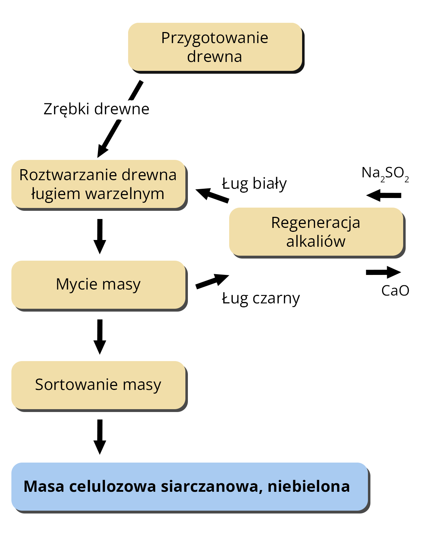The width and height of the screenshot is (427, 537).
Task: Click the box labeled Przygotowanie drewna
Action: click(215, 47)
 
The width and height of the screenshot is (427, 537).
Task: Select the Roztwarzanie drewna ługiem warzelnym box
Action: click(98, 184)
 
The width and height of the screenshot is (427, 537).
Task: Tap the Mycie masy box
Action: click(98, 285)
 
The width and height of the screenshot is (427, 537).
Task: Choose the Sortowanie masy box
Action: click(98, 385)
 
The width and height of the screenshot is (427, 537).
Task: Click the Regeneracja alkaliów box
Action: click(316, 232)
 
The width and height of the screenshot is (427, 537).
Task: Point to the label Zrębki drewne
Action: click(96, 109)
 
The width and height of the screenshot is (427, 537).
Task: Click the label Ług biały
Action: click(254, 184)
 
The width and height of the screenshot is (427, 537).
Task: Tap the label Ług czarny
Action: click(261, 298)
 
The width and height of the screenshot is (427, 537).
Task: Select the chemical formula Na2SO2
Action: click(385, 173)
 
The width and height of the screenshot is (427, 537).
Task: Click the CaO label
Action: click(395, 291)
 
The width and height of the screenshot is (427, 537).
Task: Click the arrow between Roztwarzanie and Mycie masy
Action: click(100, 236)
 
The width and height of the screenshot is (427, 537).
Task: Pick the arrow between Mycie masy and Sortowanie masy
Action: click(100, 336)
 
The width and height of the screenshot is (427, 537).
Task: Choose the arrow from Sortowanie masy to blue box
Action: click(100, 436)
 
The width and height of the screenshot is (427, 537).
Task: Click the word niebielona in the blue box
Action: click(309, 486)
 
